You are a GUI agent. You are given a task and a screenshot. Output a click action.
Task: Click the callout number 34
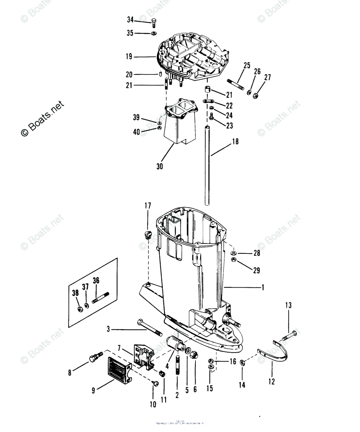130,19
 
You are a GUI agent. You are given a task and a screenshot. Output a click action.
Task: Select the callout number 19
129,57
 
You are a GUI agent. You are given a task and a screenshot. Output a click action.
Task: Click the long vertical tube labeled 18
207,166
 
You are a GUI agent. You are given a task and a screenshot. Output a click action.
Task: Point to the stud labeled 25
235,85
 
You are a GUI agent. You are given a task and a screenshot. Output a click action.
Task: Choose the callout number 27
267,77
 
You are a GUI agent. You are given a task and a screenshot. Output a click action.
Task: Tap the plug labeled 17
148,236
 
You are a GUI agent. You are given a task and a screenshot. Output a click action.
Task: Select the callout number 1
263,287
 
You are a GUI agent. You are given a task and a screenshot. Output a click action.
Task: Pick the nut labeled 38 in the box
80,310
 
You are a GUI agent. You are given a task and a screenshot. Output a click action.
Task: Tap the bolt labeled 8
93,358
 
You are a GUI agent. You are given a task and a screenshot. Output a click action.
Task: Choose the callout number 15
210,388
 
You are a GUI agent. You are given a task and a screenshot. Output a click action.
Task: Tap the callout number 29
256,270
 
